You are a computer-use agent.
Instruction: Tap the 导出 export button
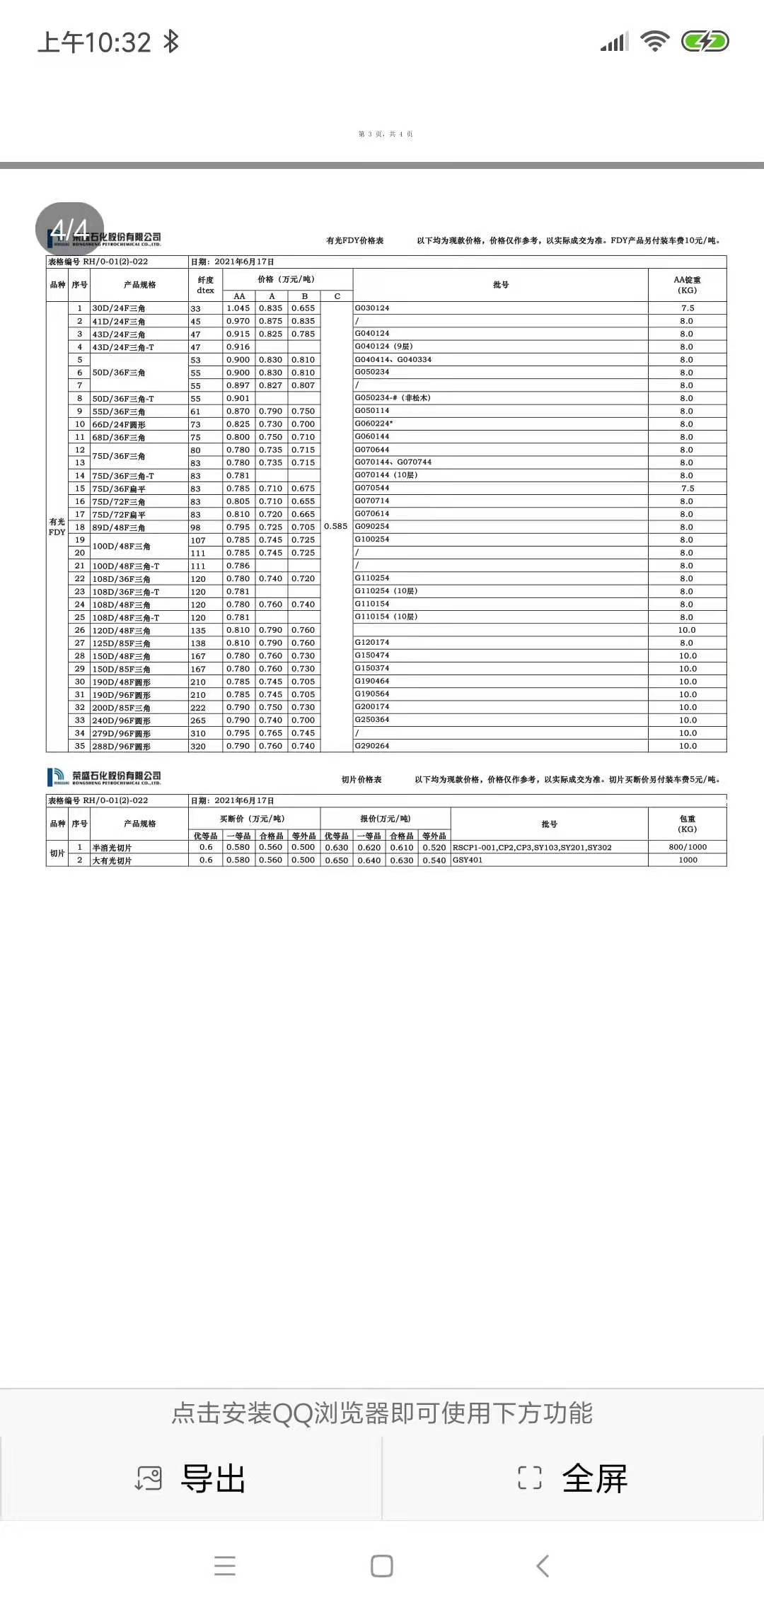(x=191, y=1478)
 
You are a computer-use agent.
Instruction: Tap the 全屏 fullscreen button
(x=573, y=1478)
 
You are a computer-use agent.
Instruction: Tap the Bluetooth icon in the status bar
(x=170, y=42)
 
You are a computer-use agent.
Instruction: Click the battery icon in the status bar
(x=705, y=42)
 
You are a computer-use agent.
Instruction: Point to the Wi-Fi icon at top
(x=655, y=42)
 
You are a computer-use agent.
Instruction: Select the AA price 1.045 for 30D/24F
(x=238, y=308)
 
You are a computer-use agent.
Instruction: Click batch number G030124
(x=372, y=308)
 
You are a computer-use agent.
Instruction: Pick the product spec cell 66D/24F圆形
(x=119, y=424)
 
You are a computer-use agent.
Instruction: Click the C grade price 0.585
(x=336, y=526)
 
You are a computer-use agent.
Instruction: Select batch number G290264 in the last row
(x=372, y=746)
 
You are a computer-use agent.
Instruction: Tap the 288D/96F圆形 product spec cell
(x=121, y=746)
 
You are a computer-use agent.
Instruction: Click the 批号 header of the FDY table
(x=501, y=285)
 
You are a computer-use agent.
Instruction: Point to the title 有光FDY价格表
(x=354, y=240)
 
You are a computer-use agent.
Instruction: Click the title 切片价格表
(x=361, y=780)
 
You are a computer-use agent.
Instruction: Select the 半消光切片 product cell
(x=112, y=848)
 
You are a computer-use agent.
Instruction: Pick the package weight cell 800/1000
(x=688, y=847)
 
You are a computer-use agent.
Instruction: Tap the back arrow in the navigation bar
(x=543, y=1566)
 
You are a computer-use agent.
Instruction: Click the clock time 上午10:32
(x=94, y=42)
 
